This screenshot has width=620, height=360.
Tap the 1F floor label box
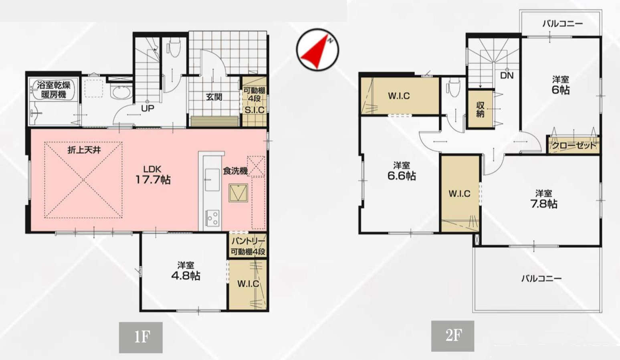141,337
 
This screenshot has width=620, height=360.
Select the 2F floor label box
452,336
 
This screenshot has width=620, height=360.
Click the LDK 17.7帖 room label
153,175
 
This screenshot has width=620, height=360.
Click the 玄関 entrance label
214,97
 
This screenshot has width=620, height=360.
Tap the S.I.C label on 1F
254,110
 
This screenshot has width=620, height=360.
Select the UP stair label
147,108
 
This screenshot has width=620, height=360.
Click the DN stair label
507,75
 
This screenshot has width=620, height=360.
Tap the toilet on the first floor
174,48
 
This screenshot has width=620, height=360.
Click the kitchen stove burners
212,218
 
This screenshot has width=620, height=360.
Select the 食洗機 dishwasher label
235,171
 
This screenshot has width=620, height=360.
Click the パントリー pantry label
248,241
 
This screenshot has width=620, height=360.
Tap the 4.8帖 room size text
186,276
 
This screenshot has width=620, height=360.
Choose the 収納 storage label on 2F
480,110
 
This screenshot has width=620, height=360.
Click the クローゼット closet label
574,146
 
